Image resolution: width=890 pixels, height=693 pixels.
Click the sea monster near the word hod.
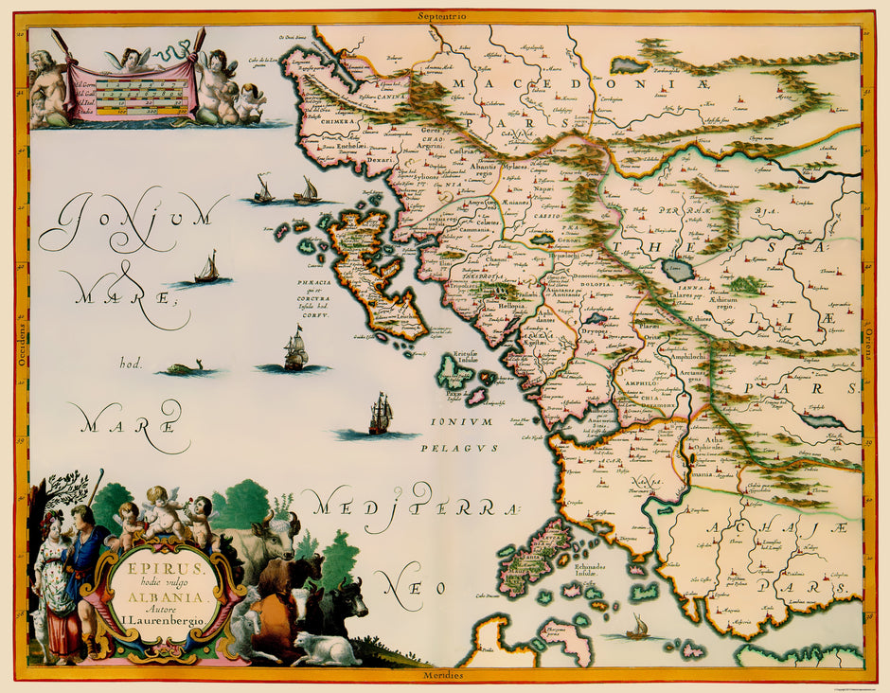click(x=187, y=368)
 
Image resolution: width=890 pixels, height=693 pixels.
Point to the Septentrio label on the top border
click(x=445, y=15)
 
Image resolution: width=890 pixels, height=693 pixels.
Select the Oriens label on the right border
click(x=869, y=346)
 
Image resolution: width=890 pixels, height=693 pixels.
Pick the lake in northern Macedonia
click(x=628, y=64)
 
